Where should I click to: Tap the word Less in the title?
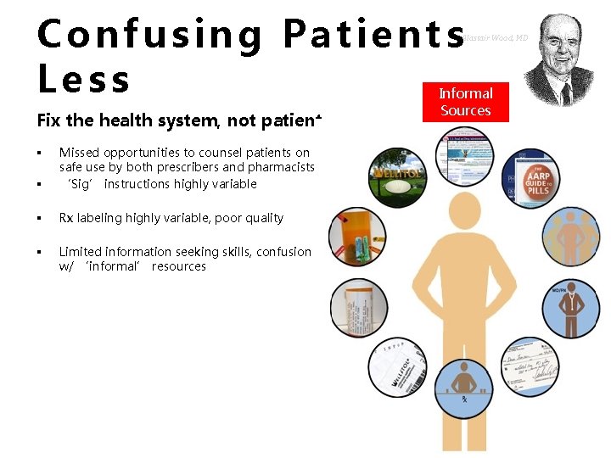(x=84, y=79)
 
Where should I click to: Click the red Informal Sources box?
(x=465, y=102)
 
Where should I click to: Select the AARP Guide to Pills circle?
(x=532, y=181)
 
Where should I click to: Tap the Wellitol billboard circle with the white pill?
(x=398, y=177)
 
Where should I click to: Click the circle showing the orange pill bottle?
(x=357, y=237)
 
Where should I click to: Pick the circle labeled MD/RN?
(x=569, y=309)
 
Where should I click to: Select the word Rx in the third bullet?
(x=67, y=218)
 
